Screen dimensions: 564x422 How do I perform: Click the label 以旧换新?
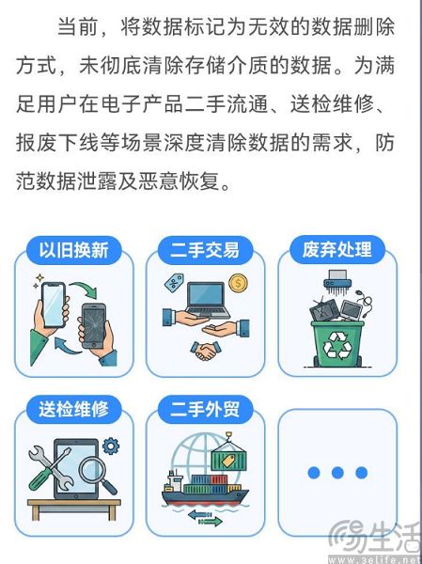(x=73, y=250)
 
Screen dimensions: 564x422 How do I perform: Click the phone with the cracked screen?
(x=95, y=325)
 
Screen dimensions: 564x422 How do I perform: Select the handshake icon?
(x=205, y=351)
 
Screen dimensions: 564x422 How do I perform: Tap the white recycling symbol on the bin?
(x=336, y=346)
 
